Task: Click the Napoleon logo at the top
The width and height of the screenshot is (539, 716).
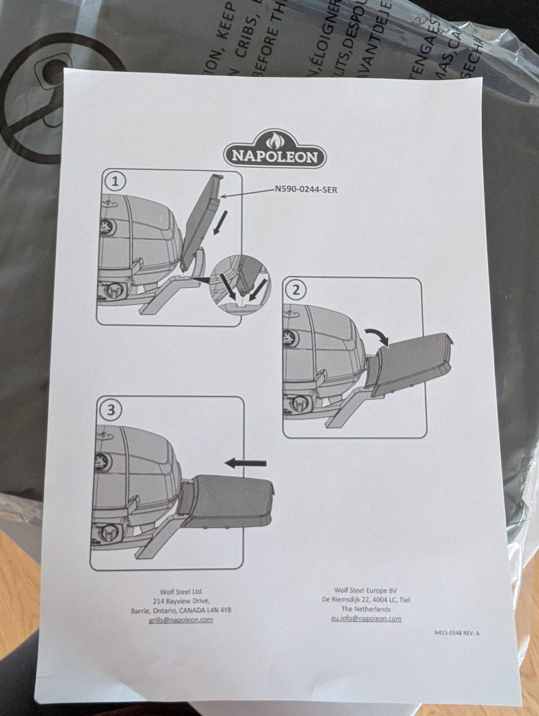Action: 275,149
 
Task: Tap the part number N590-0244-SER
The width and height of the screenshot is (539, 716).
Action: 305,190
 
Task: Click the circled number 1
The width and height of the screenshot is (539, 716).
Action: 115,181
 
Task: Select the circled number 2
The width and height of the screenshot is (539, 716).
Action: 296,290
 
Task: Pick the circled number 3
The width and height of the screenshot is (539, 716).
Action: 110,409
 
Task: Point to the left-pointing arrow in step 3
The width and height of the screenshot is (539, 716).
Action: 245,462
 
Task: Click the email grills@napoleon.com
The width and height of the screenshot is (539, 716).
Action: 181,619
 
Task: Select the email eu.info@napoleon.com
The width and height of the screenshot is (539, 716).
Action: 366,618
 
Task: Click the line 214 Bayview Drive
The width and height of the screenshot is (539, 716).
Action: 181,600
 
